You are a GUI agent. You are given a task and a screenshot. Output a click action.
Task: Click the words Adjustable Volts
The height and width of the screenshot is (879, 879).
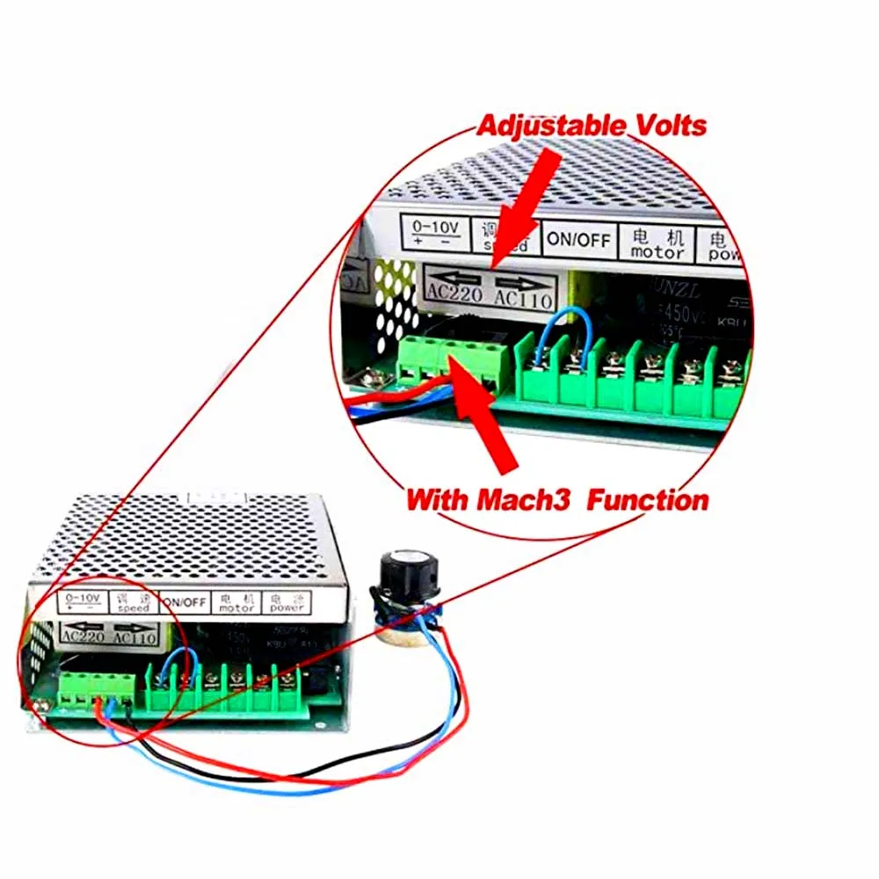point(591,125)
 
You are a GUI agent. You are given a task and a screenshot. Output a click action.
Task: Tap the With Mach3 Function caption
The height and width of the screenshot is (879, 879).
point(556,501)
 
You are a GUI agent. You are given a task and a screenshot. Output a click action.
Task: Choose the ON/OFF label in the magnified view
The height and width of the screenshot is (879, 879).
point(578,237)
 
